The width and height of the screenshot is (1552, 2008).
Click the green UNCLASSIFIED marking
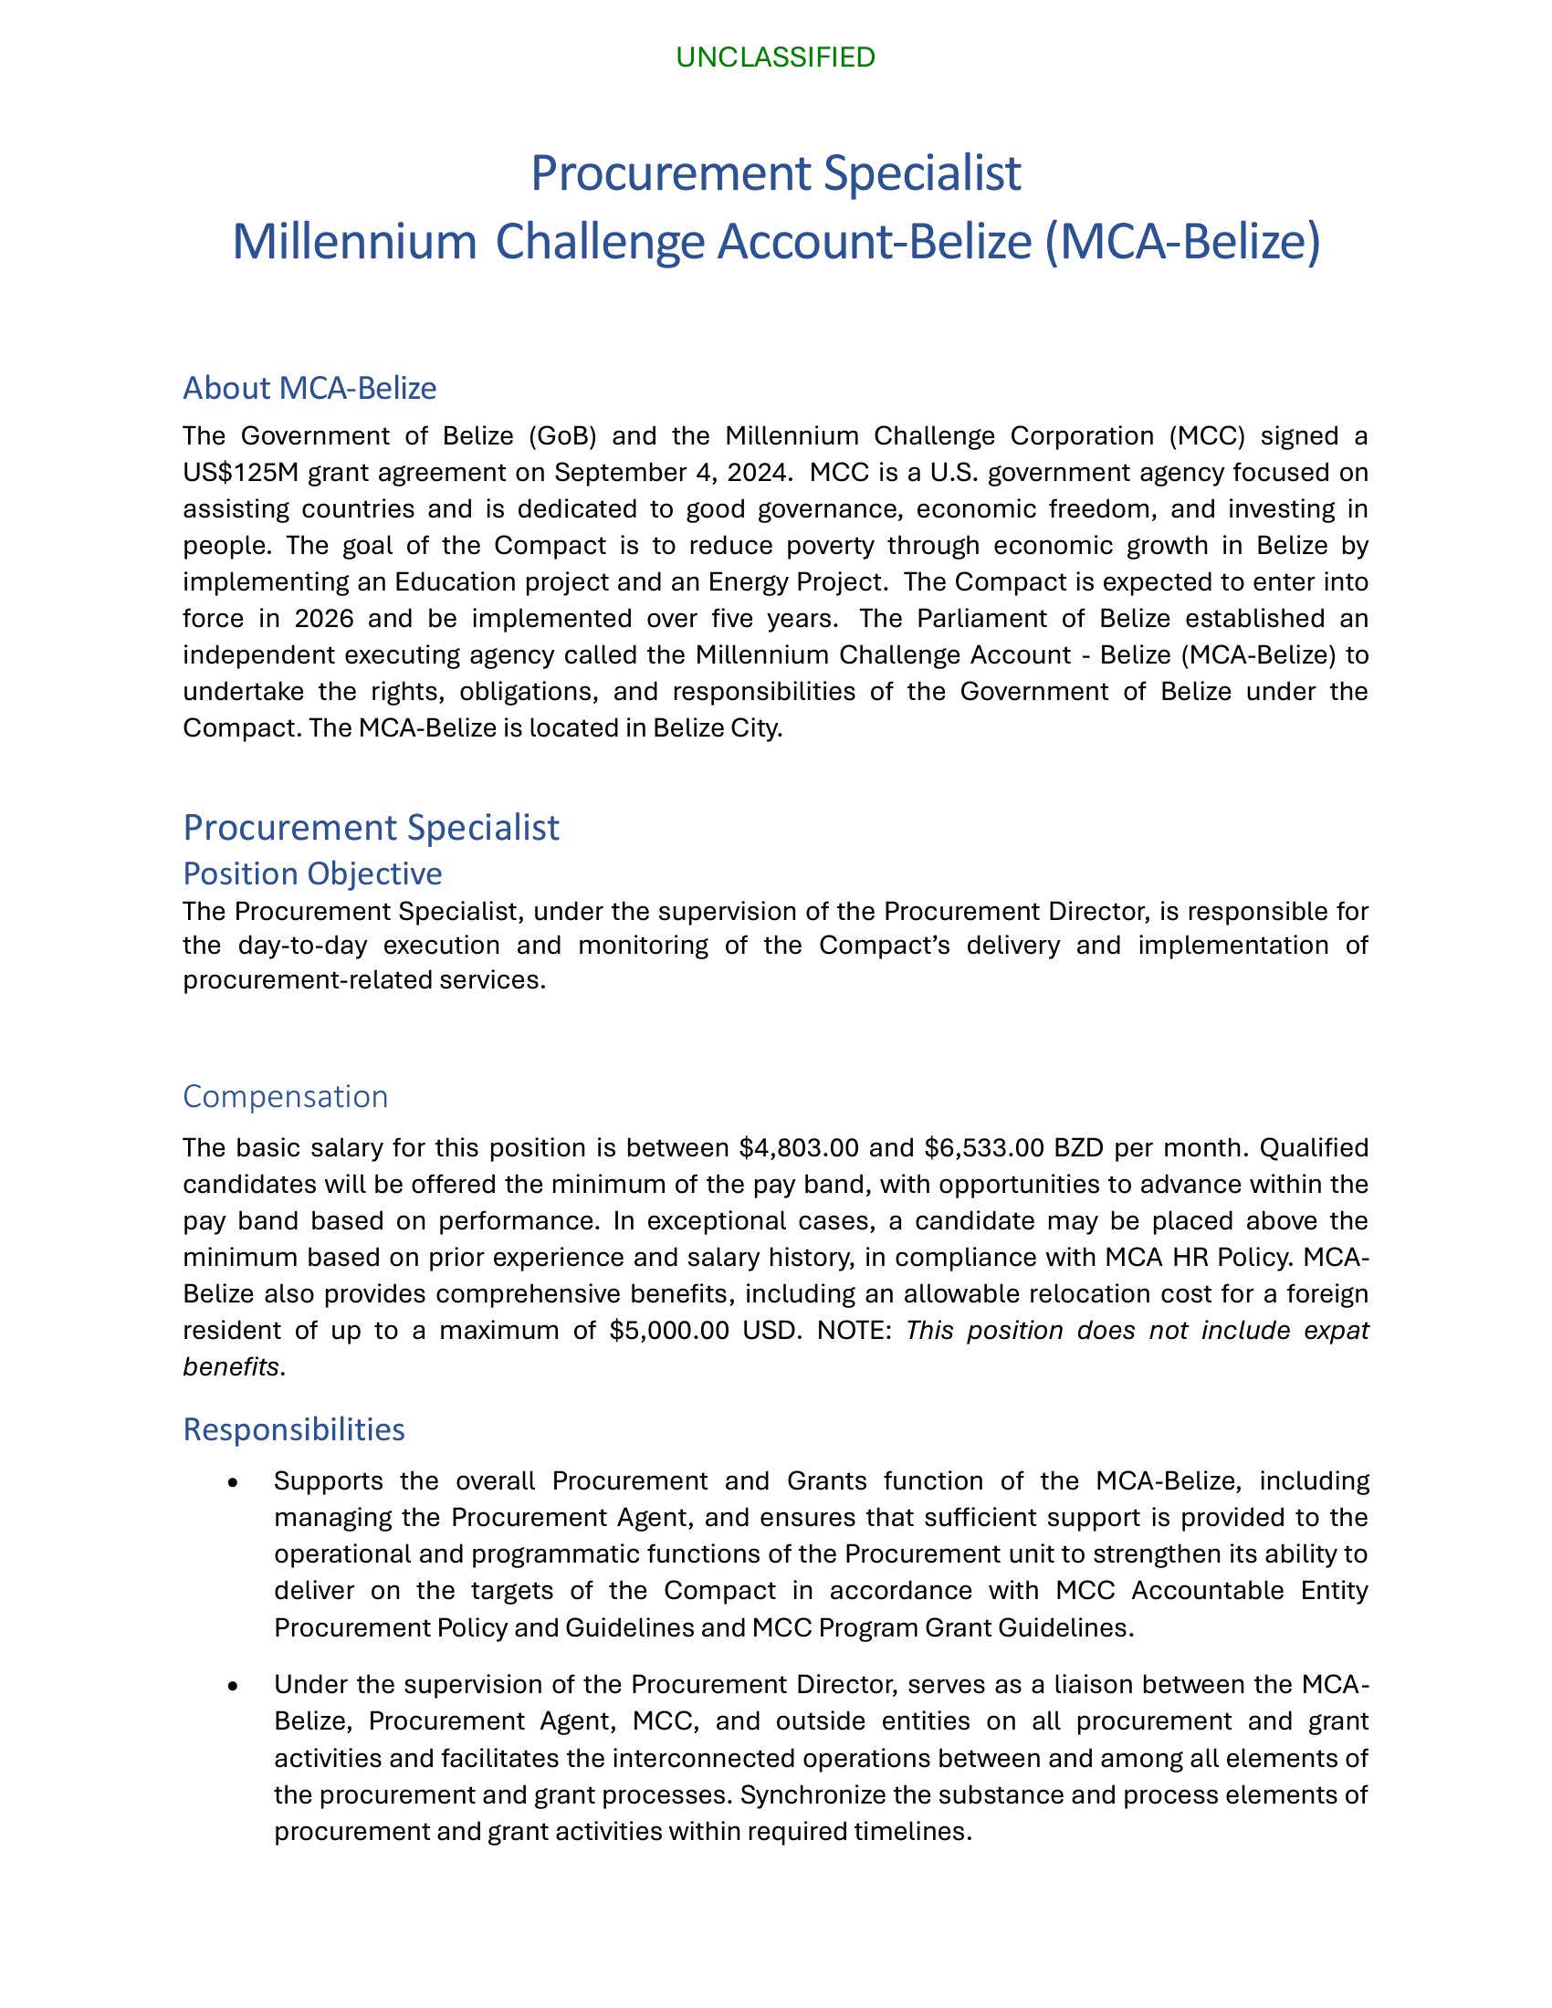pos(775,58)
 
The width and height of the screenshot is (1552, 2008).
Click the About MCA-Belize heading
pos(309,388)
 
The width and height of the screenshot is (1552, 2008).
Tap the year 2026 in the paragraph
pos(324,618)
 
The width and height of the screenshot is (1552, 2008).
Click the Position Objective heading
pos(311,873)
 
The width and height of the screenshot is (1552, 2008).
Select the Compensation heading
pos(285,1096)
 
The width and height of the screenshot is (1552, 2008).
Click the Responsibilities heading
pos(293,1428)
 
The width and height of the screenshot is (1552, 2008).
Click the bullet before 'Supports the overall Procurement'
pos(235,1483)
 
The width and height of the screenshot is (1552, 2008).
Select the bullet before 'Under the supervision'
pos(235,1686)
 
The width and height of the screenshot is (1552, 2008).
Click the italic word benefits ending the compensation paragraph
pos(231,1367)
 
